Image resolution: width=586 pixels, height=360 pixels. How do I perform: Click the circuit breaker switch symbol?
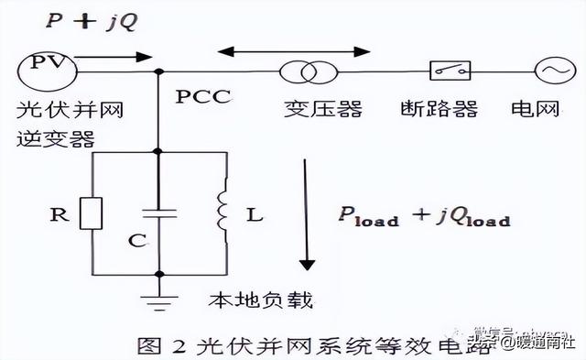450,70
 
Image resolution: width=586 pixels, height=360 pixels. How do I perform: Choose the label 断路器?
452,110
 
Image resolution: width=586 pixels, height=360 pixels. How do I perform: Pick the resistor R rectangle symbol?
91,213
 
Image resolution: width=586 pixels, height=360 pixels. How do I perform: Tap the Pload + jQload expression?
420,216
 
